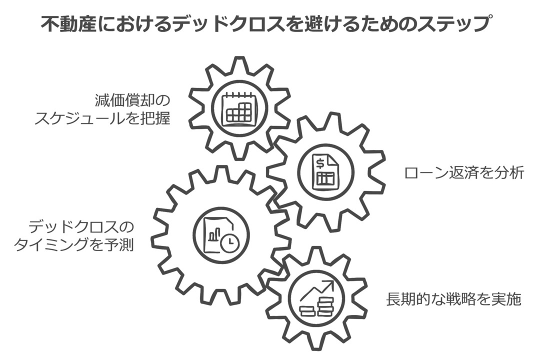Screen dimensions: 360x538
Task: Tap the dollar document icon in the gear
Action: (324, 171)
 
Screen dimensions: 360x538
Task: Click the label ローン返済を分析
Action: (463, 173)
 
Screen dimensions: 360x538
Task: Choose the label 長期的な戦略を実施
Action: (453, 299)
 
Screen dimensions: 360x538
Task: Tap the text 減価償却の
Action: (132, 100)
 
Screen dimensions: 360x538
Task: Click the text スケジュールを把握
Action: (102, 119)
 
